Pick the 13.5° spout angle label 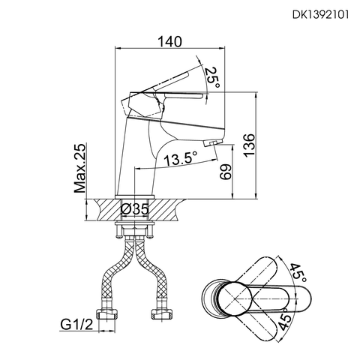[x=180, y=158]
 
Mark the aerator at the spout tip [x=213, y=142]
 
